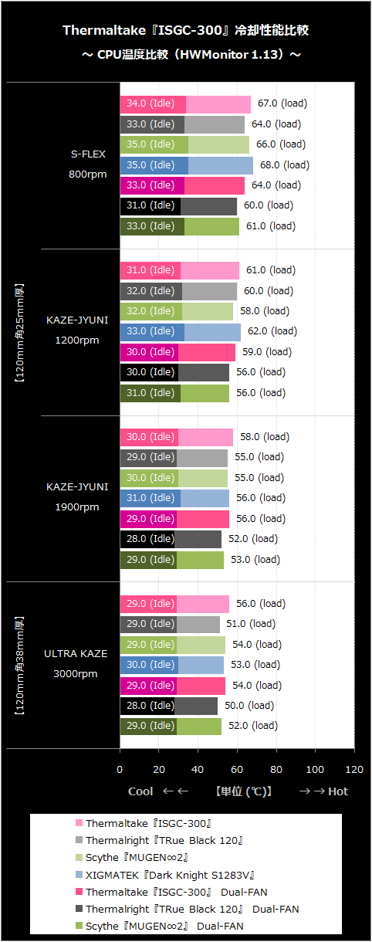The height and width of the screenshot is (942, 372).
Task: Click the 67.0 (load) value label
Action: tap(282, 103)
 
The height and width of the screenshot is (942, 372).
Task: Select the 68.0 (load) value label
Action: tap(285, 165)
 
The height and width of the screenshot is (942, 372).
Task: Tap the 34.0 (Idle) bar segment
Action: tap(153, 105)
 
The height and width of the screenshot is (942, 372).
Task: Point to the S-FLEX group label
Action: tap(88, 154)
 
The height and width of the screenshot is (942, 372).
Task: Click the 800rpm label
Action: tap(88, 174)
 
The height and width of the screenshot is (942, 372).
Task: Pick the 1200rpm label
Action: tap(77, 341)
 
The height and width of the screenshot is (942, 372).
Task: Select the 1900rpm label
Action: tap(77, 507)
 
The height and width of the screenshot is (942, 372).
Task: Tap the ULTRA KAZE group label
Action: tap(76, 653)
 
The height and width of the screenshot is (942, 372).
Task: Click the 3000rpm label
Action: tap(75, 674)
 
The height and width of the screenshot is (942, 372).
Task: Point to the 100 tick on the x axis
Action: tap(315, 770)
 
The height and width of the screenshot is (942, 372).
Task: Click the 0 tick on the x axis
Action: tap(120, 770)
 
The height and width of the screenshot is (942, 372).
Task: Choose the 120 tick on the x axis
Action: tap(354, 770)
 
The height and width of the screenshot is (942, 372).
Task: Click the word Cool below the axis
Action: tap(140, 791)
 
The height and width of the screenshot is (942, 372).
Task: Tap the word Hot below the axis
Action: tap(338, 791)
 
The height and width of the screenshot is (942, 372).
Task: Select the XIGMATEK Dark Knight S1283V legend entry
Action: tap(164, 875)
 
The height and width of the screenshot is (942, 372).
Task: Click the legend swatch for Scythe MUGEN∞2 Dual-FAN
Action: tap(79, 925)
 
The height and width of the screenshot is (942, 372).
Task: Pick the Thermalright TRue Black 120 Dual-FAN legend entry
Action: tap(188, 910)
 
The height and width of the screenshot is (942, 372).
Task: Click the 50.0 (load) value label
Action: tap(249, 705)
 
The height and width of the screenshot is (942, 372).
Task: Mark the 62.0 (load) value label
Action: tap(272, 331)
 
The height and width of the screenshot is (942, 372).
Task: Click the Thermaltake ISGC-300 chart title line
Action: tap(186, 30)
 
